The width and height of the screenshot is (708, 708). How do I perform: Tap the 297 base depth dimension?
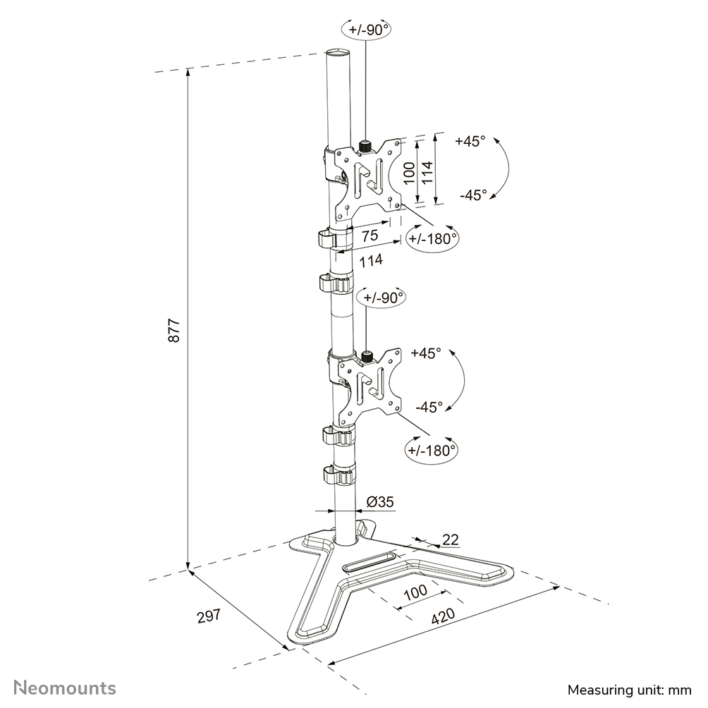tap(209, 615)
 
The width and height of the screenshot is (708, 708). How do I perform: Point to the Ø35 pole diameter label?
tap(380, 502)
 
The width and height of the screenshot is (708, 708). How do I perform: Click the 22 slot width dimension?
tap(451, 539)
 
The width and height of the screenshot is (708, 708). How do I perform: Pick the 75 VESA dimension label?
tap(369, 236)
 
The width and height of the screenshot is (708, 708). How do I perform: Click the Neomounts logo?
tap(66, 687)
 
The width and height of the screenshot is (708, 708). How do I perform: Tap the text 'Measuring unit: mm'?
tap(630, 688)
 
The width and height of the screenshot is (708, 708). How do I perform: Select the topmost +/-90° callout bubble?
tap(366, 30)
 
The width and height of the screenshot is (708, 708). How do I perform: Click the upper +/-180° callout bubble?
tap(432, 238)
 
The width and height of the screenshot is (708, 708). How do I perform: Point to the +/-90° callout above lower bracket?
tap(383, 297)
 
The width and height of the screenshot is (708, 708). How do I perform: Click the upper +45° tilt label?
tap(470, 141)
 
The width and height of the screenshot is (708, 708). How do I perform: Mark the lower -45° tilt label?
tap(429, 406)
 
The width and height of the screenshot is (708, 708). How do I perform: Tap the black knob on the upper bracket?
tap(365, 146)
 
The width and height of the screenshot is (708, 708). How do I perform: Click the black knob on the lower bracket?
tap(367, 357)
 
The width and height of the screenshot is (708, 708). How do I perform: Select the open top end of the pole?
tap(336, 54)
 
